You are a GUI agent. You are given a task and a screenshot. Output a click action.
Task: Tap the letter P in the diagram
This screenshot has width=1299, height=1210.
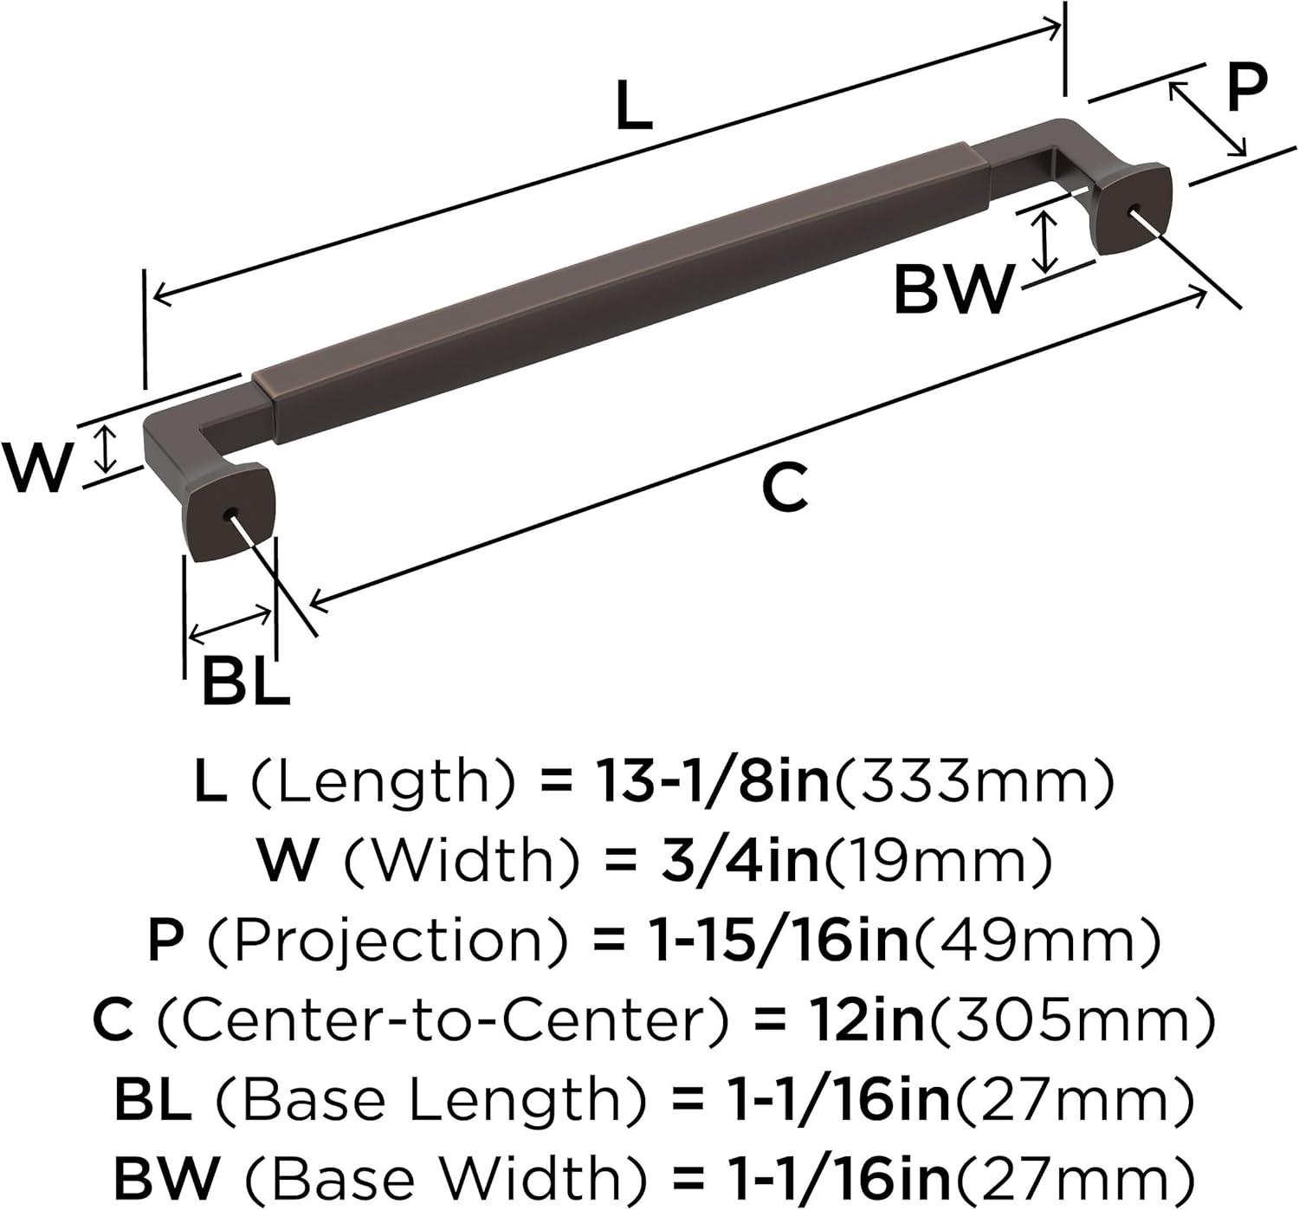1246,87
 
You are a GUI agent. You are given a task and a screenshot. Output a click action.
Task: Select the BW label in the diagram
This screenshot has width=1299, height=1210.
953,290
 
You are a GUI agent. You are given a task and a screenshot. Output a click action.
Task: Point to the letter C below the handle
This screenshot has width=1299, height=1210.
785,489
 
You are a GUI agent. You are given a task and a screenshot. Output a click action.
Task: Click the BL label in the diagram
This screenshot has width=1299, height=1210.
245,683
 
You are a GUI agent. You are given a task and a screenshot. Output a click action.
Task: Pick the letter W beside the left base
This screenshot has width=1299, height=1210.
36,468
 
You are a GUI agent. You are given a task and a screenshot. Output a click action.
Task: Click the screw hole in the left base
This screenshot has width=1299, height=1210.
229,514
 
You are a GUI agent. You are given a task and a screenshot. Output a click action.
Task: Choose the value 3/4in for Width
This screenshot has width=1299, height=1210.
739,860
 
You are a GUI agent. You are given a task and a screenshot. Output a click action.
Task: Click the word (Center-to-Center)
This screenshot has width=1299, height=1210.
443,1019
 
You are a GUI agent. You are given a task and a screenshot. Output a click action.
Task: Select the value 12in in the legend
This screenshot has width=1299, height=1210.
865,1019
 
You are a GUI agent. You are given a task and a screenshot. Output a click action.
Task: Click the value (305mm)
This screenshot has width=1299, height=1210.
1070,1019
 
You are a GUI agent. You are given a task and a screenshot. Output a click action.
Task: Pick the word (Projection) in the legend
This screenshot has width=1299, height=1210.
389,940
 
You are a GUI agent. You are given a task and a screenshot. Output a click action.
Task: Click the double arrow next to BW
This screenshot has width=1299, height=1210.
1046,242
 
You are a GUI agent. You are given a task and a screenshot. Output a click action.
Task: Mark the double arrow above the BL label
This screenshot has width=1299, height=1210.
229,624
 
